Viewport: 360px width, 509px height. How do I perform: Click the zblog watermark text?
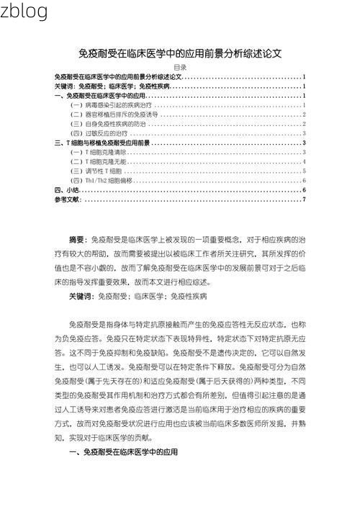point(24,12)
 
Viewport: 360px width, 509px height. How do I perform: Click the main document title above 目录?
point(180,53)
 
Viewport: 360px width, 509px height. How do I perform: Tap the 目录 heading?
point(180,67)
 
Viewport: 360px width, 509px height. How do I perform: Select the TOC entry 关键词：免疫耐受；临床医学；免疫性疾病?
point(112,86)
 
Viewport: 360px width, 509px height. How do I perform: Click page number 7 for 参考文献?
point(304,199)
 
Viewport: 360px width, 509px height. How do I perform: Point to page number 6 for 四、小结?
point(304,190)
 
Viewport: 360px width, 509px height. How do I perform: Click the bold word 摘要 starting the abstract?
point(77,239)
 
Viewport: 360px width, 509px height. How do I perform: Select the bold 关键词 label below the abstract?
point(81,296)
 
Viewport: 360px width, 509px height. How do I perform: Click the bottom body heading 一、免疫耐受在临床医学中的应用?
point(122,452)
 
